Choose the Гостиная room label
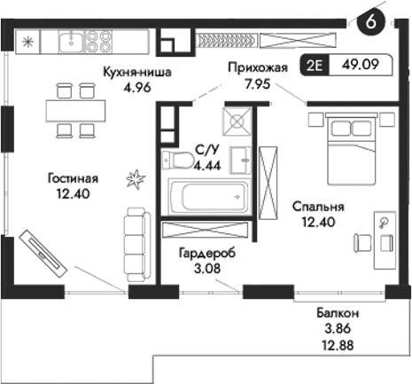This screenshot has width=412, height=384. point(74,177)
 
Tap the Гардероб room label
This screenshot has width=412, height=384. point(204,251)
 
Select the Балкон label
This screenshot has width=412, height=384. point(338,314)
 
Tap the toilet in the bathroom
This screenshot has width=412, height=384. point(181,159)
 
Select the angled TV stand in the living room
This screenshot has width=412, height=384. point(43,254)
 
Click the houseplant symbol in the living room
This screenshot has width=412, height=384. point(136,179)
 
